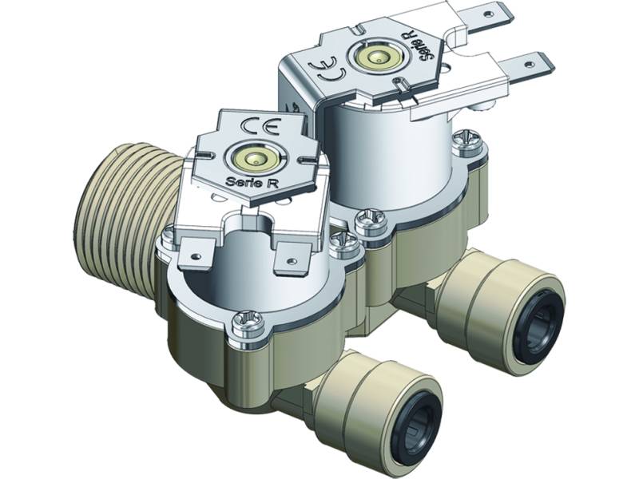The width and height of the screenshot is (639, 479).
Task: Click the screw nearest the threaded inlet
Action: coord(169,234)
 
